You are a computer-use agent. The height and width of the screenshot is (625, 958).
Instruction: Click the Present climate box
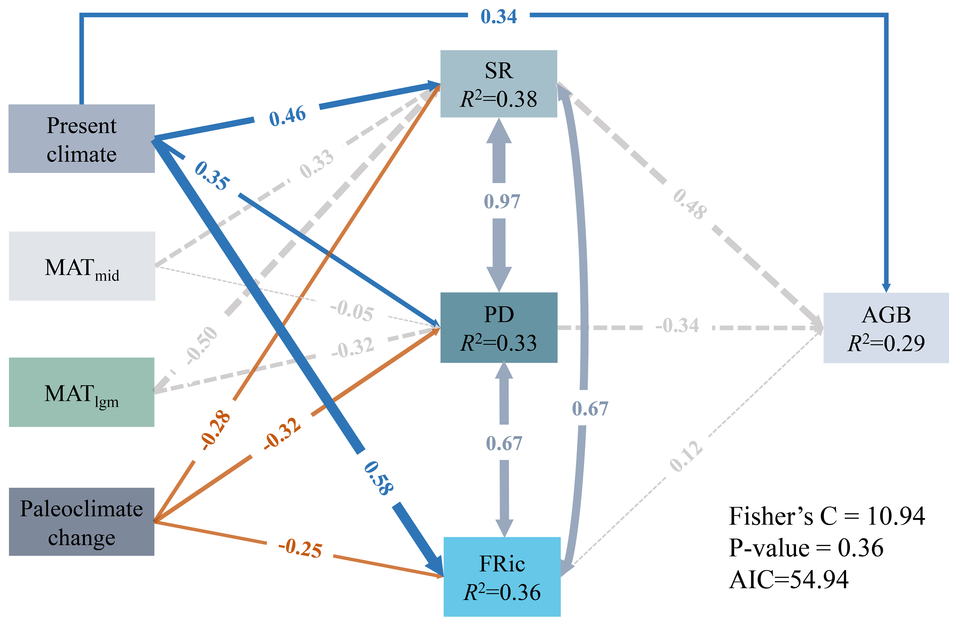pos(82,139)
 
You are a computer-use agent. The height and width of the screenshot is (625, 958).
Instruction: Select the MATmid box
pos(82,266)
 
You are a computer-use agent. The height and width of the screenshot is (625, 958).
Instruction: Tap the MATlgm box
pos(82,392)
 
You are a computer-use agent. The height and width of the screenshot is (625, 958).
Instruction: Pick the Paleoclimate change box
pos(82,522)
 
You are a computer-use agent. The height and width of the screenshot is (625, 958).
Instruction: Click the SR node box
pos(499,84)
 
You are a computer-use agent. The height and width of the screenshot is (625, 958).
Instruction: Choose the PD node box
pos(499,327)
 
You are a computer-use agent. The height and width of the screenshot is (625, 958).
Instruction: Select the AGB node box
pos(886,328)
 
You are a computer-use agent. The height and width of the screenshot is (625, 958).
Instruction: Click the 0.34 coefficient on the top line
pos(499,16)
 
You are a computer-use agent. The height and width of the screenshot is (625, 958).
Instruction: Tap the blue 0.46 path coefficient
pos(288,116)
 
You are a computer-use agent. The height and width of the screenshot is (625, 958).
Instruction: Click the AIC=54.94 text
pos(789,579)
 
